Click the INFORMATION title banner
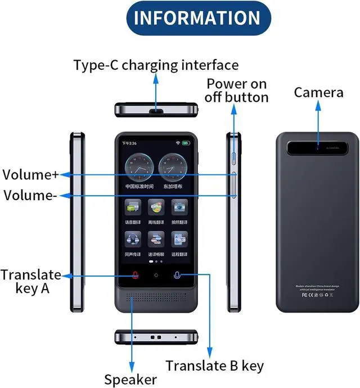coord(196,19)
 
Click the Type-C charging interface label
coord(156,65)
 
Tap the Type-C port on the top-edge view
coord(156,111)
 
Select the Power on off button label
coord(236,91)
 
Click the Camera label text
coord(318,92)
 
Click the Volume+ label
coord(30,174)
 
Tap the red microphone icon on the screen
coord(134,276)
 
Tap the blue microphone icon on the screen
coord(177,276)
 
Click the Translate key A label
coord(30,282)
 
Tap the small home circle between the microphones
coord(156,276)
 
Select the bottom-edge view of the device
coord(156,337)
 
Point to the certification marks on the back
coord(318,294)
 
